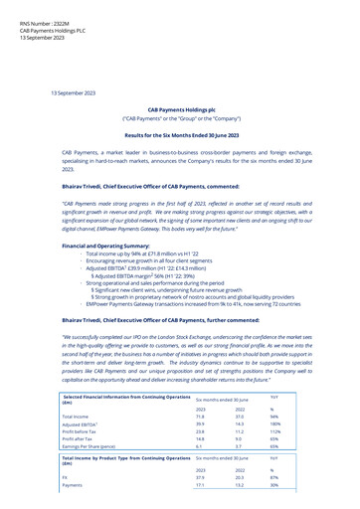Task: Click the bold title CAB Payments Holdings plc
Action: click(x=180, y=110)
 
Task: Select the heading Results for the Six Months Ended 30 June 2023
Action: click(x=180, y=133)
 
